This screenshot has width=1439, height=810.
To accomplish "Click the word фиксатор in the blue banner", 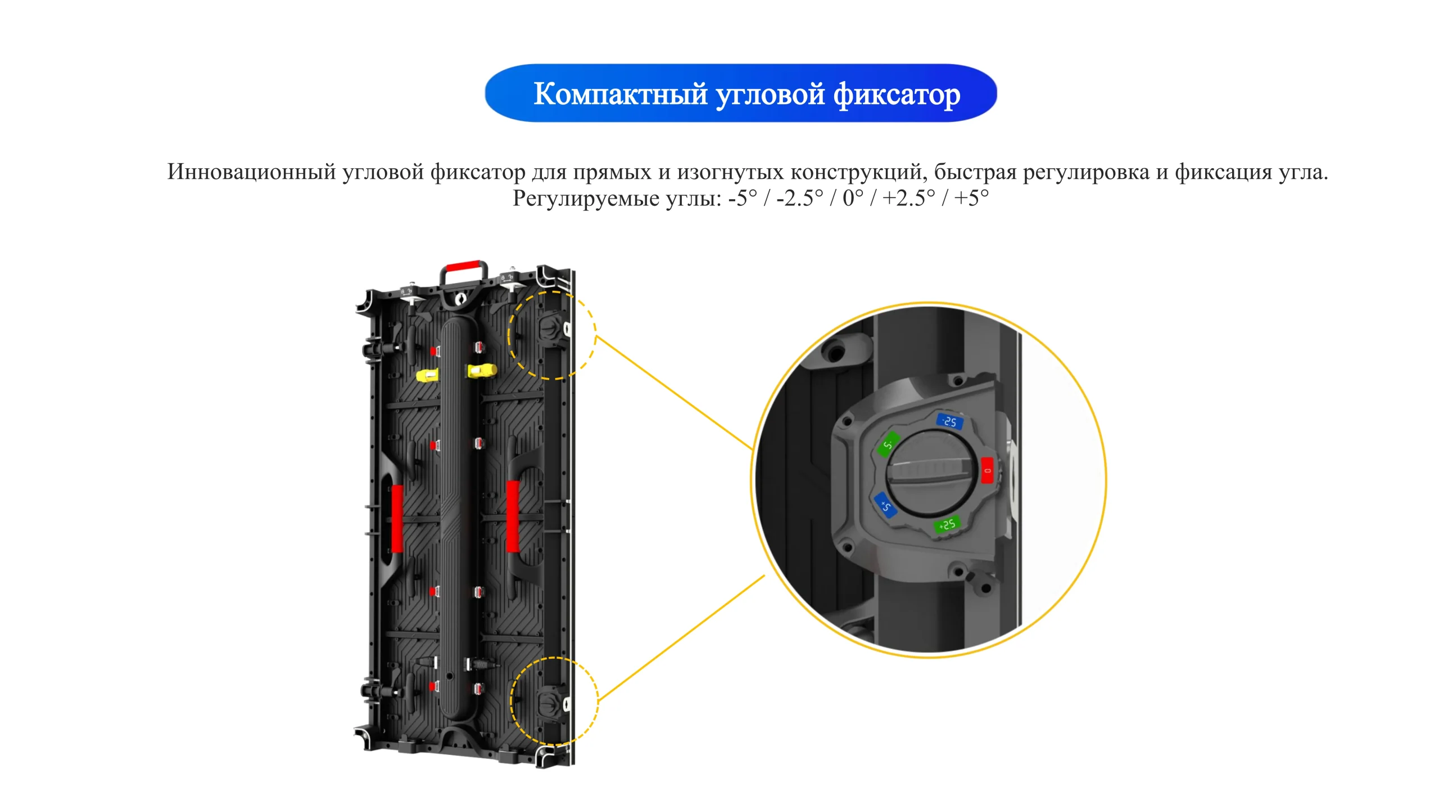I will (x=897, y=94).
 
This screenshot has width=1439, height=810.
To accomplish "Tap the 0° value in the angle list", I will (x=853, y=198).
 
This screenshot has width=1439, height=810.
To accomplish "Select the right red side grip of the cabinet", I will (x=513, y=516).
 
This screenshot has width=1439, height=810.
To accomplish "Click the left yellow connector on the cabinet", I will (x=427, y=375).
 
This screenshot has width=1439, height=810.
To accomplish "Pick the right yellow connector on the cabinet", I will (x=482, y=371).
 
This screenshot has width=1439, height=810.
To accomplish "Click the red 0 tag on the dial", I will (x=987, y=470).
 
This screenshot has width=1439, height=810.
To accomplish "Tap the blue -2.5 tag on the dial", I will (x=949, y=421).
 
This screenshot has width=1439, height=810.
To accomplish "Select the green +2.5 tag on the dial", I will (x=947, y=524).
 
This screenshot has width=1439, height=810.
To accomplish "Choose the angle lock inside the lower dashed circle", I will (x=551, y=702).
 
